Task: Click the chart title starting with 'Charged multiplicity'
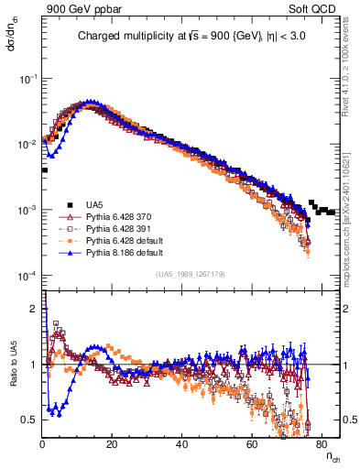point(191,38)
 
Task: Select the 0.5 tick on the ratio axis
point(29,420)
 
